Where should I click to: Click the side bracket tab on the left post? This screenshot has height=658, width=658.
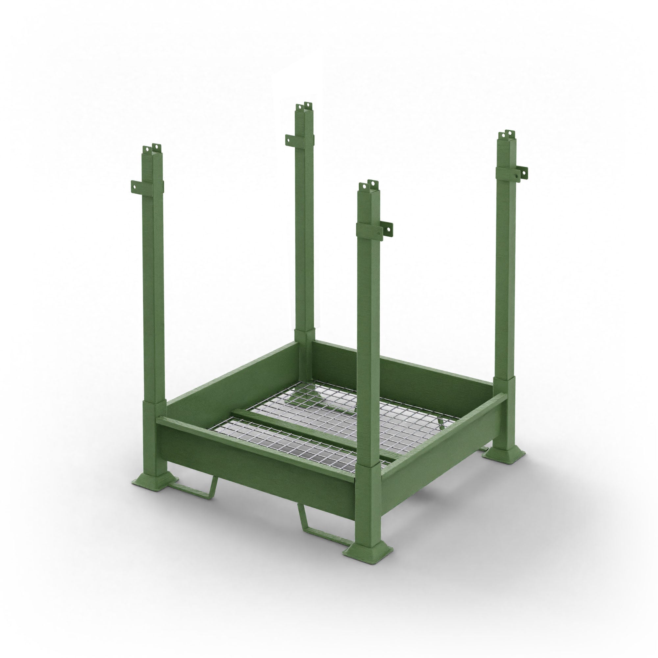[137, 186]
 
